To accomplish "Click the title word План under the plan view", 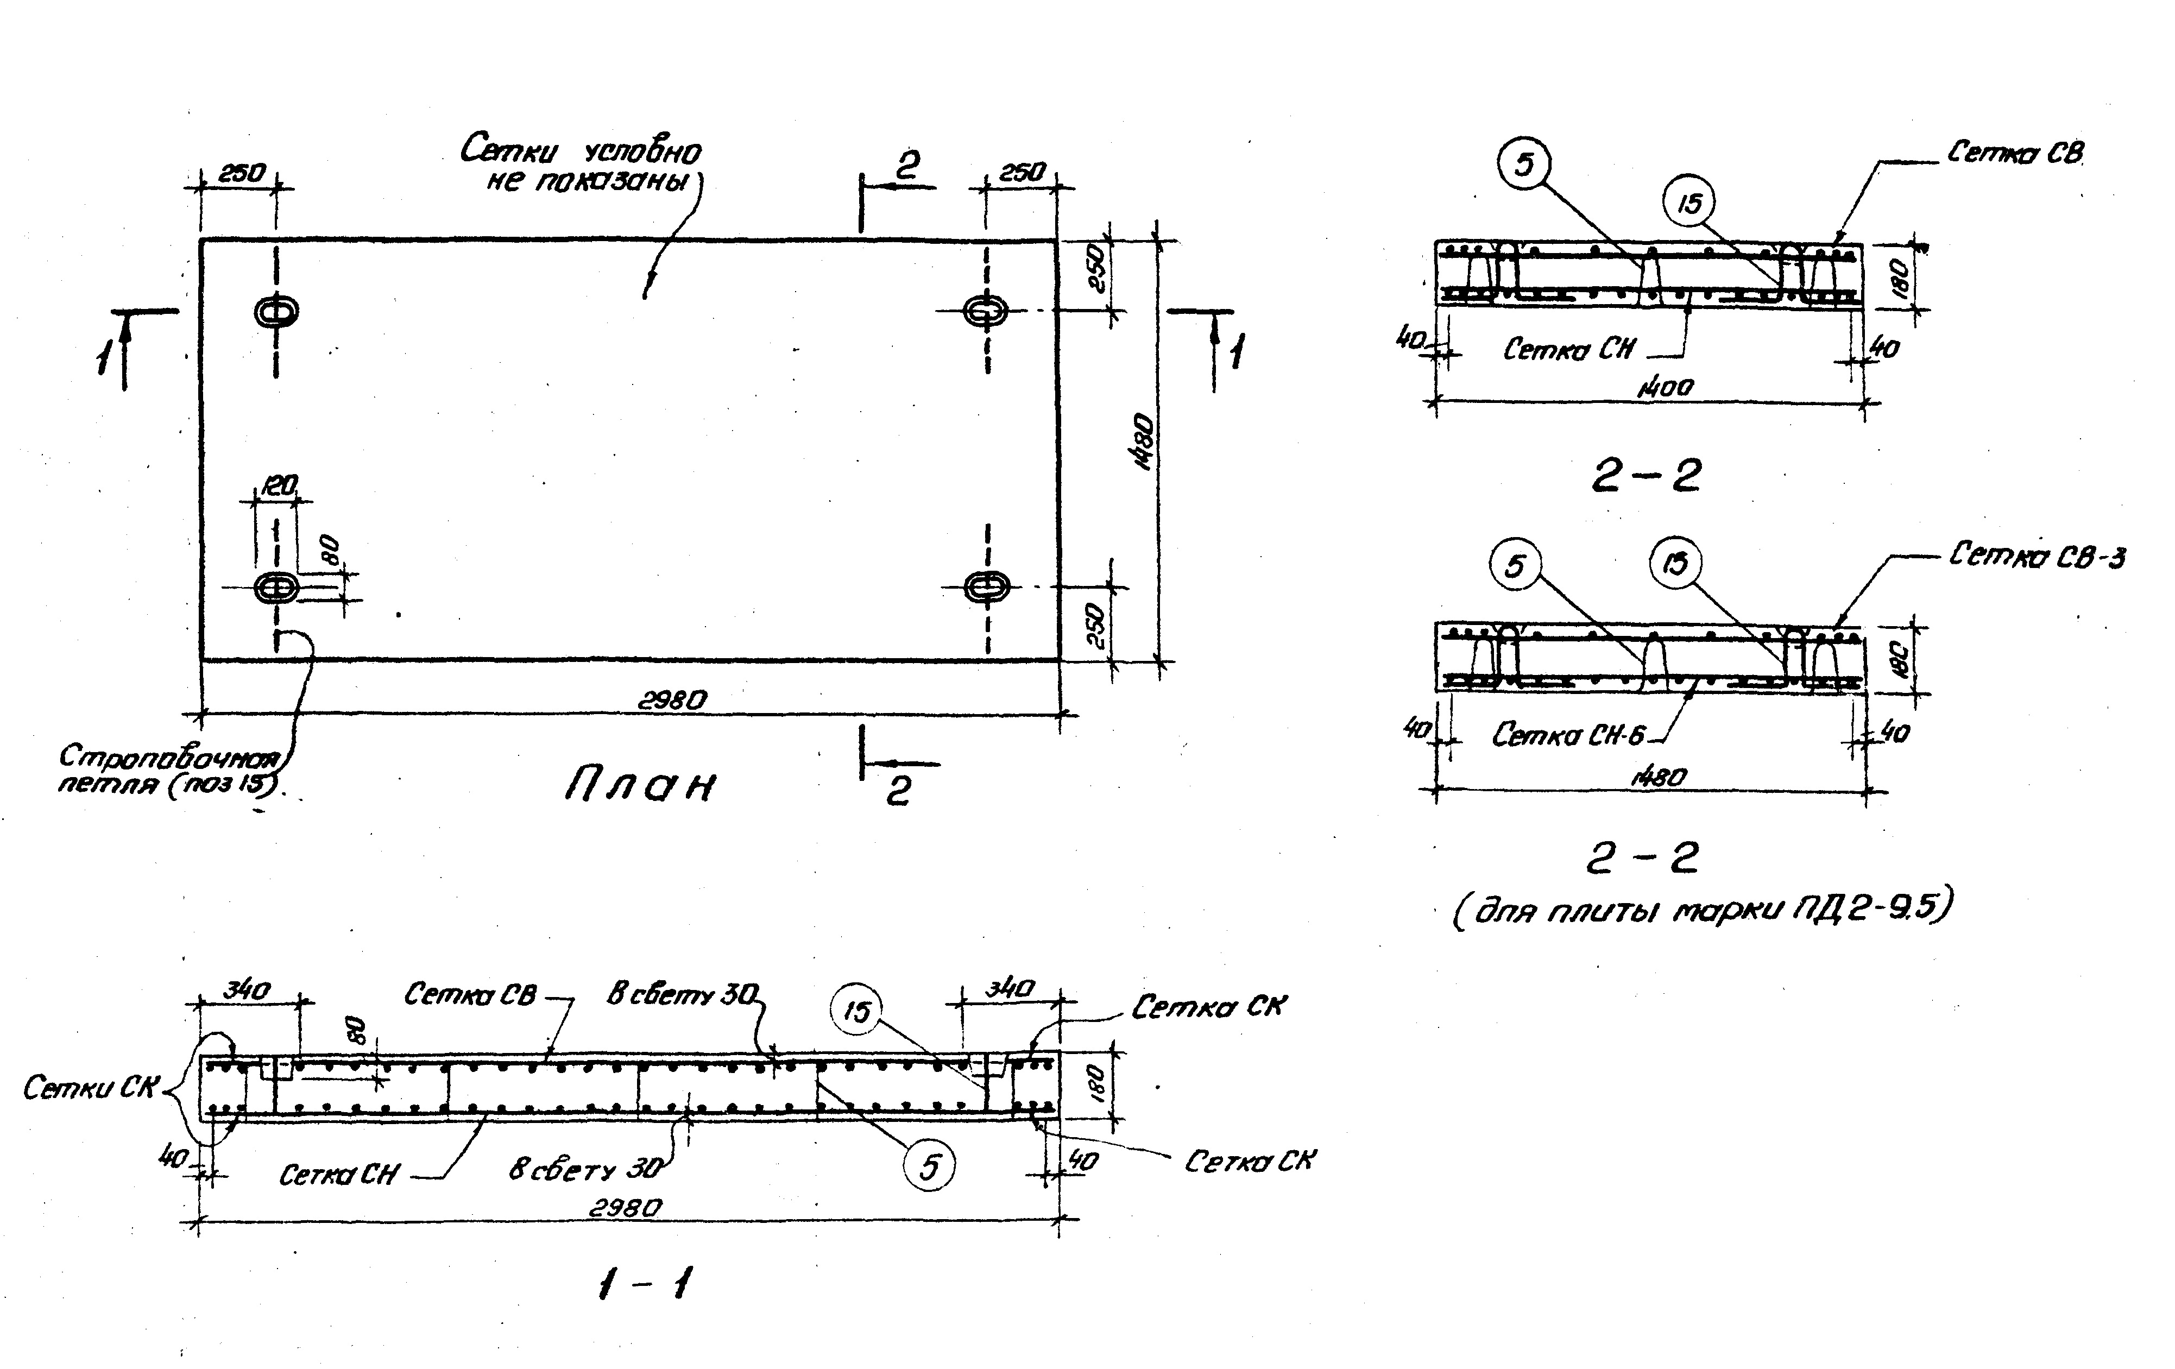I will [x=640, y=786].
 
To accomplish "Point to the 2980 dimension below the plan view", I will [x=673, y=700].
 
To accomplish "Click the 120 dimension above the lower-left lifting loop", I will [x=279, y=486].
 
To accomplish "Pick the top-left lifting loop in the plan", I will [x=276, y=312].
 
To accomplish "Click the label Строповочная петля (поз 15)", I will [x=169, y=769].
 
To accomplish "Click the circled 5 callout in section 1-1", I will [x=929, y=1168].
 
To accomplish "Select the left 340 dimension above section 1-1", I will [x=247, y=991].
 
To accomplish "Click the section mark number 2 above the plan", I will [x=907, y=165].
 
